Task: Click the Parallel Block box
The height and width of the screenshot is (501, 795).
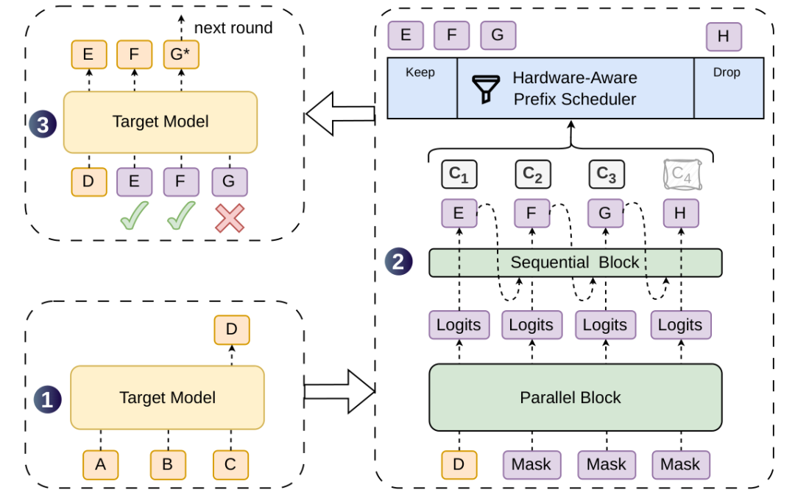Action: [x=576, y=397]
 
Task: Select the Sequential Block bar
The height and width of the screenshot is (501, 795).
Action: [x=576, y=262]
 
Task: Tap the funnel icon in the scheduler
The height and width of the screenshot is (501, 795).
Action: [x=486, y=89]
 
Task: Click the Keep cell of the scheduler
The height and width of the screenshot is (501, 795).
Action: [x=422, y=88]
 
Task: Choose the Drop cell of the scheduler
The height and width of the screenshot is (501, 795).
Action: [x=729, y=88]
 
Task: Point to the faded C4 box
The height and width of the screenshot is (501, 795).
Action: [x=682, y=174]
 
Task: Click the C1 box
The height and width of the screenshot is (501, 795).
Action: [x=459, y=174]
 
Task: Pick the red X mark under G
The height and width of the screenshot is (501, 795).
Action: [x=230, y=218]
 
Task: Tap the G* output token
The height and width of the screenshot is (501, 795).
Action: [x=181, y=55]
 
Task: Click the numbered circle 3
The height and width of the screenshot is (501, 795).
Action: [x=43, y=125]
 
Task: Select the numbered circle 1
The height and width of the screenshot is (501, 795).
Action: [x=48, y=399]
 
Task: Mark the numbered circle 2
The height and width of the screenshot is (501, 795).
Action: [x=398, y=262]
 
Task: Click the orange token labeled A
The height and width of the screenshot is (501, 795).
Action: [x=100, y=465]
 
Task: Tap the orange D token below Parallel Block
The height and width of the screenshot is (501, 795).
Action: [x=459, y=465]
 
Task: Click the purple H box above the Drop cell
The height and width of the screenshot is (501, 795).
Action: [x=724, y=37]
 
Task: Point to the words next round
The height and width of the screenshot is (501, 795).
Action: [x=233, y=28]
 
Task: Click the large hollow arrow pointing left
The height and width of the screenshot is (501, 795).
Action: [x=340, y=113]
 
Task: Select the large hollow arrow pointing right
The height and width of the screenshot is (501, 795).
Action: [x=339, y=391]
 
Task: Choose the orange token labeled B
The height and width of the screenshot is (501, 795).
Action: [x=168, y=465]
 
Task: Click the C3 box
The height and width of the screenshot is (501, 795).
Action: [x=607, y=174]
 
